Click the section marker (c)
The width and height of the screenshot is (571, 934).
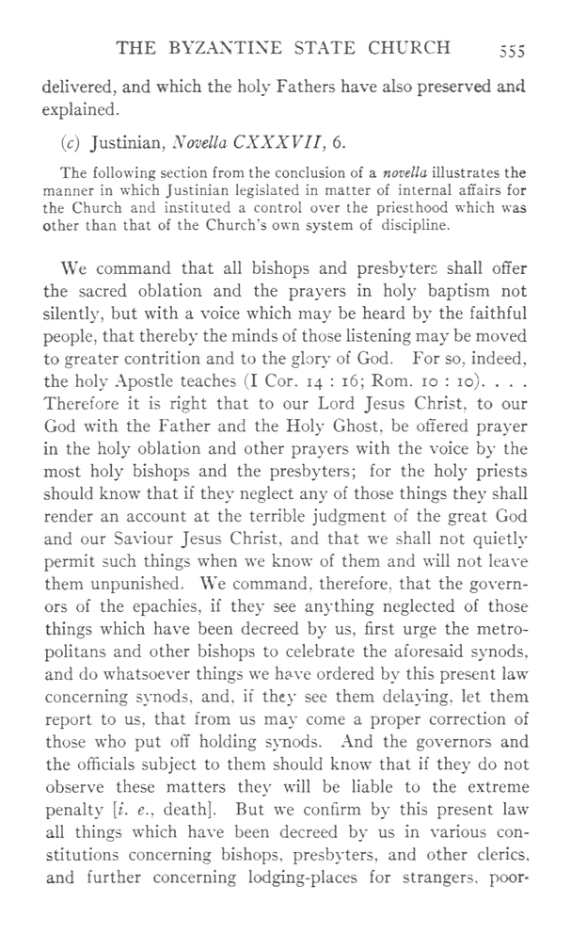(69, 144)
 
